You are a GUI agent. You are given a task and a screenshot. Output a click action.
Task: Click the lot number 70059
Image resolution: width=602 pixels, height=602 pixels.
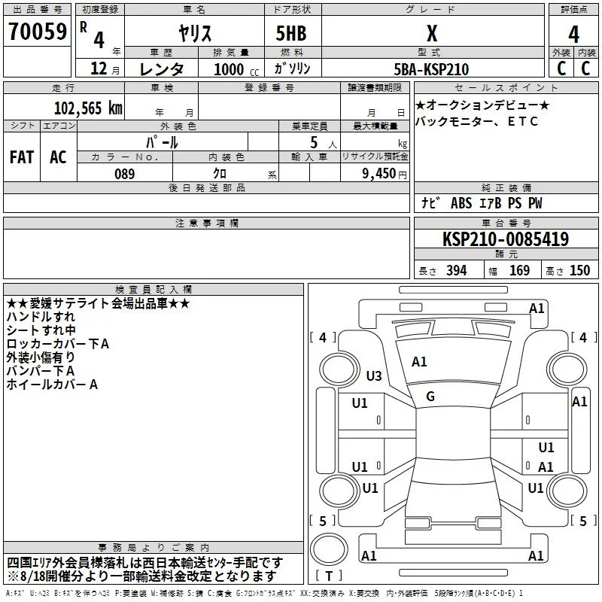pos(38,31)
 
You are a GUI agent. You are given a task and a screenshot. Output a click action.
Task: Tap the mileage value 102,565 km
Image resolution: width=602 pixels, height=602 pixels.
pos(88,108)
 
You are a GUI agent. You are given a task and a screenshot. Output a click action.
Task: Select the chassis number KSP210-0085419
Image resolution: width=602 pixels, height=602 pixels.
pos(506,239)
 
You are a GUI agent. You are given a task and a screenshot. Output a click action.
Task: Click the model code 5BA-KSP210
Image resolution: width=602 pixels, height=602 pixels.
pos(431,69)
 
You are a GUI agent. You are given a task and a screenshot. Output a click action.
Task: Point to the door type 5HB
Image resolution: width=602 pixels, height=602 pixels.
pos(291,33)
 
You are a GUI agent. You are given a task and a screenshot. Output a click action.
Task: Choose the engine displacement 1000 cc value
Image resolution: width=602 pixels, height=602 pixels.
pos(236,69)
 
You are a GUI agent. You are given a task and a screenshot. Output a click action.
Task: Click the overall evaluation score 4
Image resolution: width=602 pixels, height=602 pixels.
pos(573,35)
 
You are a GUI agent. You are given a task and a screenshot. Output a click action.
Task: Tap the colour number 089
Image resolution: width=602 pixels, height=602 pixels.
pos(125,174)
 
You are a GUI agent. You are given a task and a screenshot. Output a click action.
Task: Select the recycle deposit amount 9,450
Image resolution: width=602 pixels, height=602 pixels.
pos(379,173)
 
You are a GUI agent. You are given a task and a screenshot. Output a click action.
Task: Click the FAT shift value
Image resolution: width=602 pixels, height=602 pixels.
pos(22,157)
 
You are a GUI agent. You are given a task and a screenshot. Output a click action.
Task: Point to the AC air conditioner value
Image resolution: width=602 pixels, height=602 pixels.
pos(58,157)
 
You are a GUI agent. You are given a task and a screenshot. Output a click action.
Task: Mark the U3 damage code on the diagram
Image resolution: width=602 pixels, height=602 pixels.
pos(374,375)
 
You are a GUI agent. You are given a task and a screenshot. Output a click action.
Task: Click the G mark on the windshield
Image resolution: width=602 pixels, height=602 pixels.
pos(430,397)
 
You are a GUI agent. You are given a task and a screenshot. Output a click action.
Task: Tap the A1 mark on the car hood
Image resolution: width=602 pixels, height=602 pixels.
pos(419,362)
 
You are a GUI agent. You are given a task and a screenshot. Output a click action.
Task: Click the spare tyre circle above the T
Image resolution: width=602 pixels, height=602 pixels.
pos(329,549)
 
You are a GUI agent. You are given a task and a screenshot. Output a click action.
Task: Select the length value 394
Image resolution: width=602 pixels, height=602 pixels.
pos(457,271)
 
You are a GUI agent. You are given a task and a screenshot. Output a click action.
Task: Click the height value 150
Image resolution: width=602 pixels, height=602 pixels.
pos(579,271)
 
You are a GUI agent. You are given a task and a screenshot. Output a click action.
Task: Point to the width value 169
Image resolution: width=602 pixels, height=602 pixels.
pos(519,271)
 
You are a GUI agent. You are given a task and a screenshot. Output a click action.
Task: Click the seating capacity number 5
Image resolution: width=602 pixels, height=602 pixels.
pos(314,142)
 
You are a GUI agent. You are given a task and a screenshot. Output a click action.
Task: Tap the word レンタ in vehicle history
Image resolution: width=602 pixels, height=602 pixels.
pos(162,69)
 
